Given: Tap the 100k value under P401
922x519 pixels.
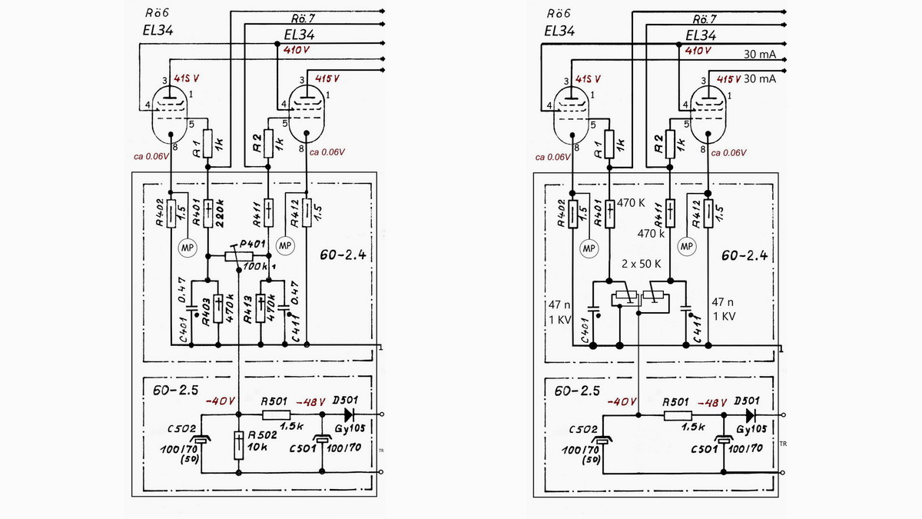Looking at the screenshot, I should click(254, 266).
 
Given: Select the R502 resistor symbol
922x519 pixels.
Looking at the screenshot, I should click(239, 443).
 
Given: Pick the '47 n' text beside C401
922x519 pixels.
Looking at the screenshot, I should click(556, 303).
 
